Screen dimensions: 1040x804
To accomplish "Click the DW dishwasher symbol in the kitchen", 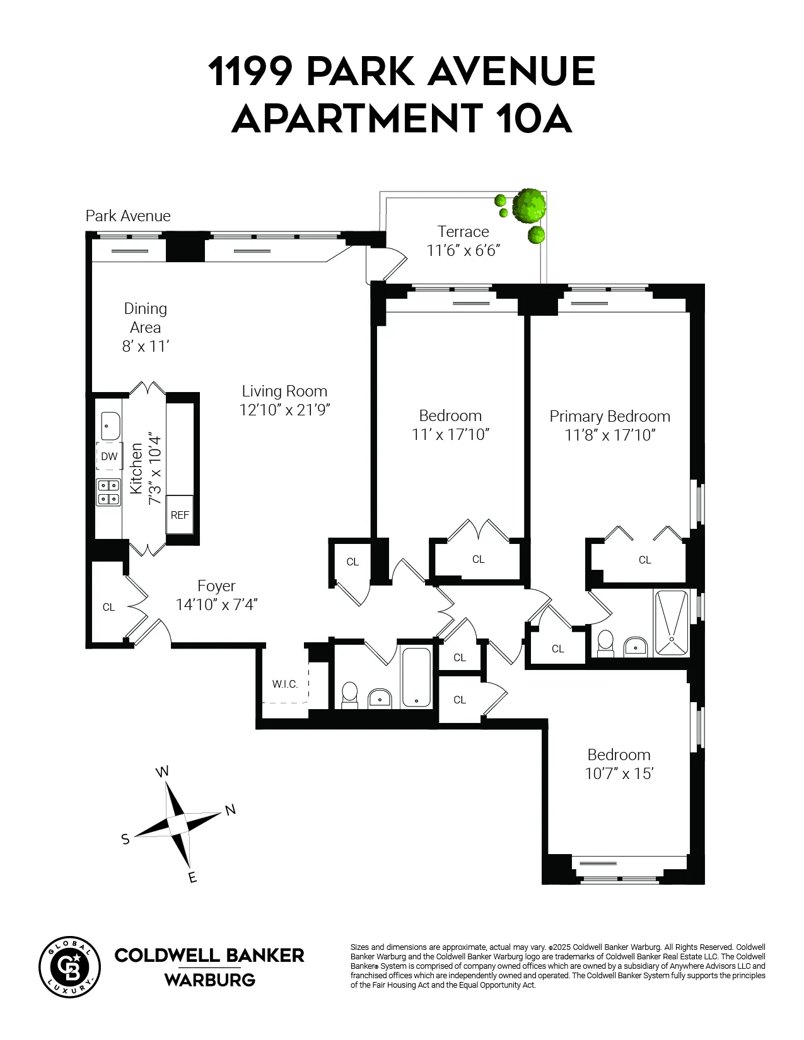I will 109,456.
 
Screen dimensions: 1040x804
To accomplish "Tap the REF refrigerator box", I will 180,514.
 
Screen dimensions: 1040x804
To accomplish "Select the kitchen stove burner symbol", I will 108,492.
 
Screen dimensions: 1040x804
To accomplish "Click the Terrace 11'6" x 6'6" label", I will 463,241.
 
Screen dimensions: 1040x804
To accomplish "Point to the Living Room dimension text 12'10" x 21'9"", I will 284,410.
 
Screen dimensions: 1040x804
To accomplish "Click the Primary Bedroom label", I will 609,416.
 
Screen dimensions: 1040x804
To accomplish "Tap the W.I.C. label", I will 285,684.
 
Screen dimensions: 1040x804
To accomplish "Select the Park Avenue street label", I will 128,216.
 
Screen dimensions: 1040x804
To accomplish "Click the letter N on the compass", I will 230,810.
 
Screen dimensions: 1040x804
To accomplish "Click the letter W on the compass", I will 162,771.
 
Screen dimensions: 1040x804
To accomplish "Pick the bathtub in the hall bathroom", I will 416,677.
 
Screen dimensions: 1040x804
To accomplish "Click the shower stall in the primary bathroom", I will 671,623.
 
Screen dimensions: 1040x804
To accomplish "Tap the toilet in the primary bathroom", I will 605,642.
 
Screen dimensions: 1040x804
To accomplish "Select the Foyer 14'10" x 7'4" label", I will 216,595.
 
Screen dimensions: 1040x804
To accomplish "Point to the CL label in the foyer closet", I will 109,607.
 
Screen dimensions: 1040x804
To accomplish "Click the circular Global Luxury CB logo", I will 69,967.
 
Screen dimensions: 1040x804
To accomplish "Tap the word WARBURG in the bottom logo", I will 209,979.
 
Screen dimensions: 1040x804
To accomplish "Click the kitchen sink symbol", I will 110,425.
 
